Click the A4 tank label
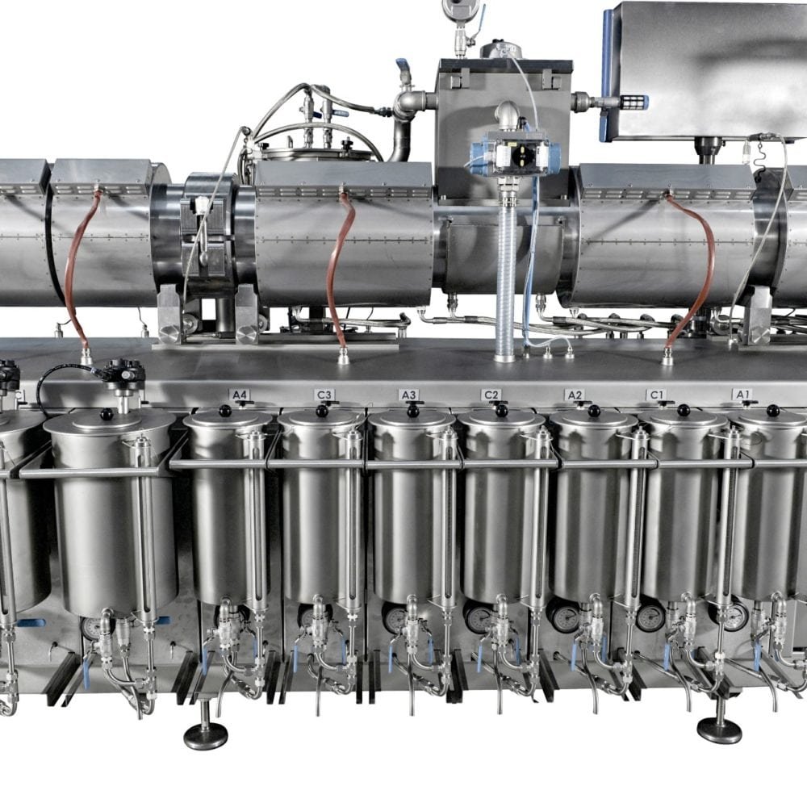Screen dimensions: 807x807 tap(240, 395)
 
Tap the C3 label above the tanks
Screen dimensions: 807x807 tap(324, 395)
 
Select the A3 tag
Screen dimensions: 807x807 tap(409, 395)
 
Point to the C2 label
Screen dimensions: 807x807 tap(491, 395)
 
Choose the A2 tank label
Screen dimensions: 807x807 tap(575, 395)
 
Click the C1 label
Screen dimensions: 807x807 tap(657, 395)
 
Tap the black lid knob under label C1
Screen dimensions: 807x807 tap(684, 411)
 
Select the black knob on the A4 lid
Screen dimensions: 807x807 tap(225, 412)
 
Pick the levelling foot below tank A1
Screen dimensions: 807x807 tap(719, 730)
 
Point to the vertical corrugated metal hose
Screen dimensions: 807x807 tap(506, 274)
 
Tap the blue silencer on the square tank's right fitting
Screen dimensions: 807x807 tap(632, 102)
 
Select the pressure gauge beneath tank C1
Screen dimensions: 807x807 tap(650, 617)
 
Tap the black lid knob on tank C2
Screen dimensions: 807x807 tap(500, 411)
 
